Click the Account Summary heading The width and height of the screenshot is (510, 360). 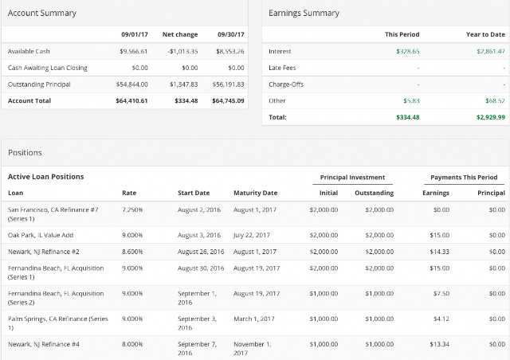pyautogui.click(x=42, y=13)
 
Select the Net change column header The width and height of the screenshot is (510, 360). pyautogui.click(x=180, y=34)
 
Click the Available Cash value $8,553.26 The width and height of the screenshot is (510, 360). pyautogui.click(x=230, y=52)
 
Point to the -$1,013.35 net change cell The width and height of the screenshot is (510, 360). pyautogui.click(x=182, y=52)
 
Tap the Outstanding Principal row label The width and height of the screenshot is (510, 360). pyautogui.click(x=39, y=84)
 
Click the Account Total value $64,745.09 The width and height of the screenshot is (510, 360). pyautogui.click(x=228, y=101)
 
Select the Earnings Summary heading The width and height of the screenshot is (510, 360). pyautogui.click(x=304, y=13)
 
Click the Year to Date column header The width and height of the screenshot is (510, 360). pyautogui.click(x=485, y=34)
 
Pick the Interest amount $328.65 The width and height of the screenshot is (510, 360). pyautogui.click(x=408, y=52)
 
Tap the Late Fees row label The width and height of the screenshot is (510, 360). pyautogui.click(x=282, y=68)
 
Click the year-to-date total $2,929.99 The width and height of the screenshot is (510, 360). pyautogui.click(x=491, y=117)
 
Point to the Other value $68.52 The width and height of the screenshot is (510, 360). pyautogui.click(x=495, y=101)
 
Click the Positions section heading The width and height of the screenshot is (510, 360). pyautogui.click(x=25, y=153)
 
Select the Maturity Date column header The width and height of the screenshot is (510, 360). pyautogui.click(x=255, y=193)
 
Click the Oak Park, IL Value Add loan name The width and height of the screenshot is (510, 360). pyautogui.click(x=41, y=235)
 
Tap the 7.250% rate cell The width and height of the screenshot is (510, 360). pyautogui.click(x=132, y=209)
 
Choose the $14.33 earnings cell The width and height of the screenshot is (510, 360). pyautogui.click(x=439, y=252)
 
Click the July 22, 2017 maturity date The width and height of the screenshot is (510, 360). pyautogui.click(x=252, y=235)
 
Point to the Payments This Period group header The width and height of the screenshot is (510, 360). pyautogui.click(x=464, y=178)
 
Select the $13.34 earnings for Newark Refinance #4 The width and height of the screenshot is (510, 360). pyautogui.click(x=439, y=344)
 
